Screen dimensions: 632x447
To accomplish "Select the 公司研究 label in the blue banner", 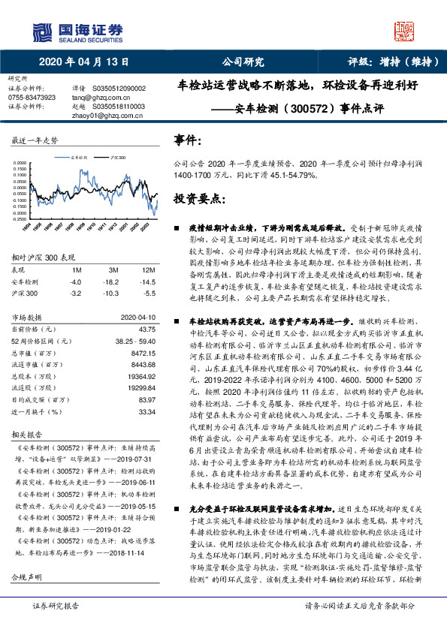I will point(243,62).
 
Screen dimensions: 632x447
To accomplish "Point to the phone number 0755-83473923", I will point(32,98).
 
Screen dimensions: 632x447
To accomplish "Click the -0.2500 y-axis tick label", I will point(22,217).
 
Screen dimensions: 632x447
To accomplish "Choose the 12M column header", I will point(148,269).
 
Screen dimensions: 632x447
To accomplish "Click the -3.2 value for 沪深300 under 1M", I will point(75,293).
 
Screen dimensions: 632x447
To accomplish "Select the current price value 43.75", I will point(146,329).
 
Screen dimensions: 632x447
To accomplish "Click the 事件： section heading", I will point(187,140).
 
